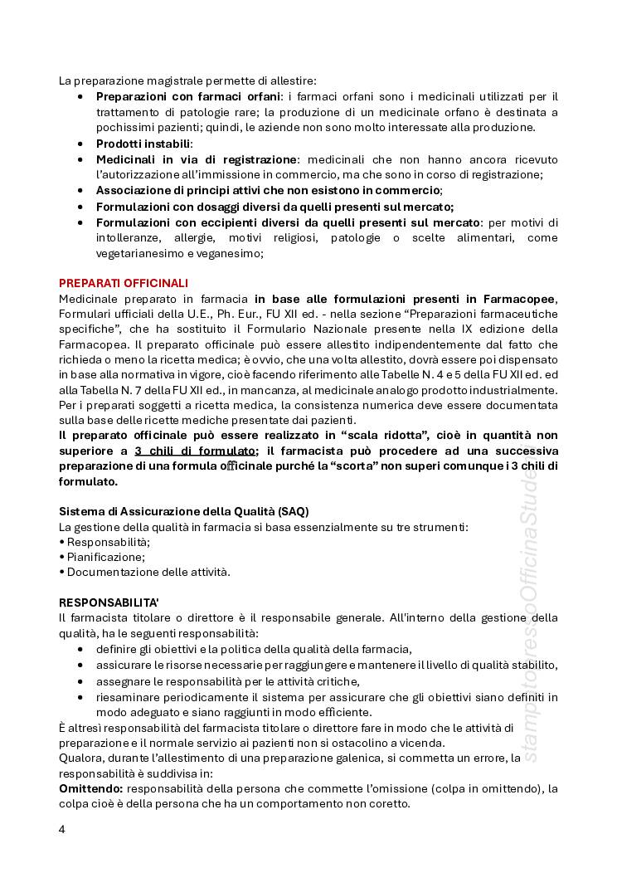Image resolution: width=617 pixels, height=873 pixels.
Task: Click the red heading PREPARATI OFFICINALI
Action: click(x=123, y=283)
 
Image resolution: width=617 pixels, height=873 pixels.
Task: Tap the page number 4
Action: click(x=62, y=829)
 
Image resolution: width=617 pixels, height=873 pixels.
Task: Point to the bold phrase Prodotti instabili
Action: click(x=143, y=144)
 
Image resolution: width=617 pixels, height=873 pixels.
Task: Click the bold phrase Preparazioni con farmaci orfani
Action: click(x=188, y=96)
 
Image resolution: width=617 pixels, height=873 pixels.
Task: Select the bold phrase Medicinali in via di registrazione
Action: click(x=197, y=159)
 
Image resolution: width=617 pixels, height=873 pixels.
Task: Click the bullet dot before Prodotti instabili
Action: click(x=80, y=144)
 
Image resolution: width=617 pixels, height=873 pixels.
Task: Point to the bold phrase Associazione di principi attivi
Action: click(x=197, y=190)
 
